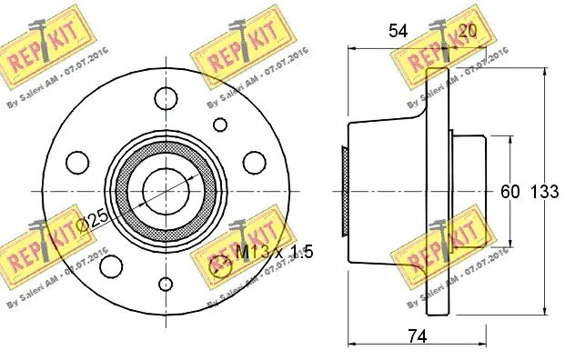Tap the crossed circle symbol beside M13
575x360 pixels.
tap(219, 265)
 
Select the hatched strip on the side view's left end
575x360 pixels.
tap(344, 189)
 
